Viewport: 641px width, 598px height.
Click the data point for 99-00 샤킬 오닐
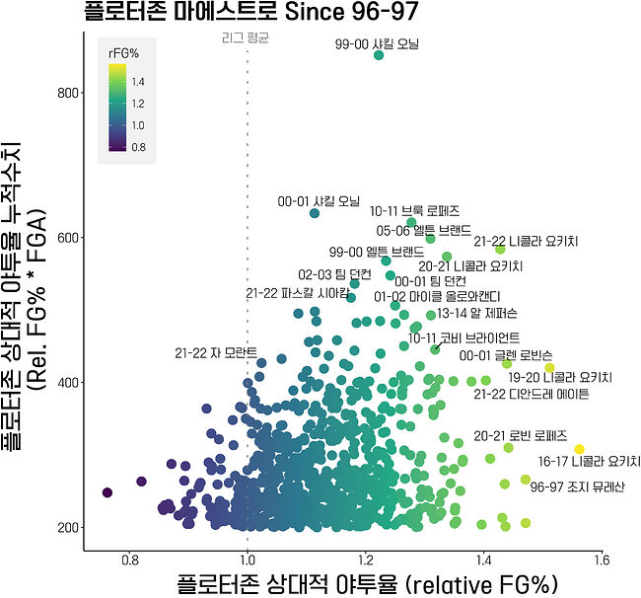(379, 55)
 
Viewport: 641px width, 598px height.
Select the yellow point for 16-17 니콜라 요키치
(580, 450)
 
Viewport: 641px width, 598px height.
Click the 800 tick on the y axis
(66, 93)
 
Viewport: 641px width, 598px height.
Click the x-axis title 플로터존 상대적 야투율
(368, 581)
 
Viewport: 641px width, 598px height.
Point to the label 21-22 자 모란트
(216, 352)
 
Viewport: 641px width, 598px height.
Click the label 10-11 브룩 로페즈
(414, 211)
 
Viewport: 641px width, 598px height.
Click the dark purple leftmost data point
(107, 492)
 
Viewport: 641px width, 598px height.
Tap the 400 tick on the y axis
(66, 382)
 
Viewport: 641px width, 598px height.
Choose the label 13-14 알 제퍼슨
(477, 314)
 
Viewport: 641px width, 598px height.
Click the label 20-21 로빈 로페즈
(520, 435)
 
